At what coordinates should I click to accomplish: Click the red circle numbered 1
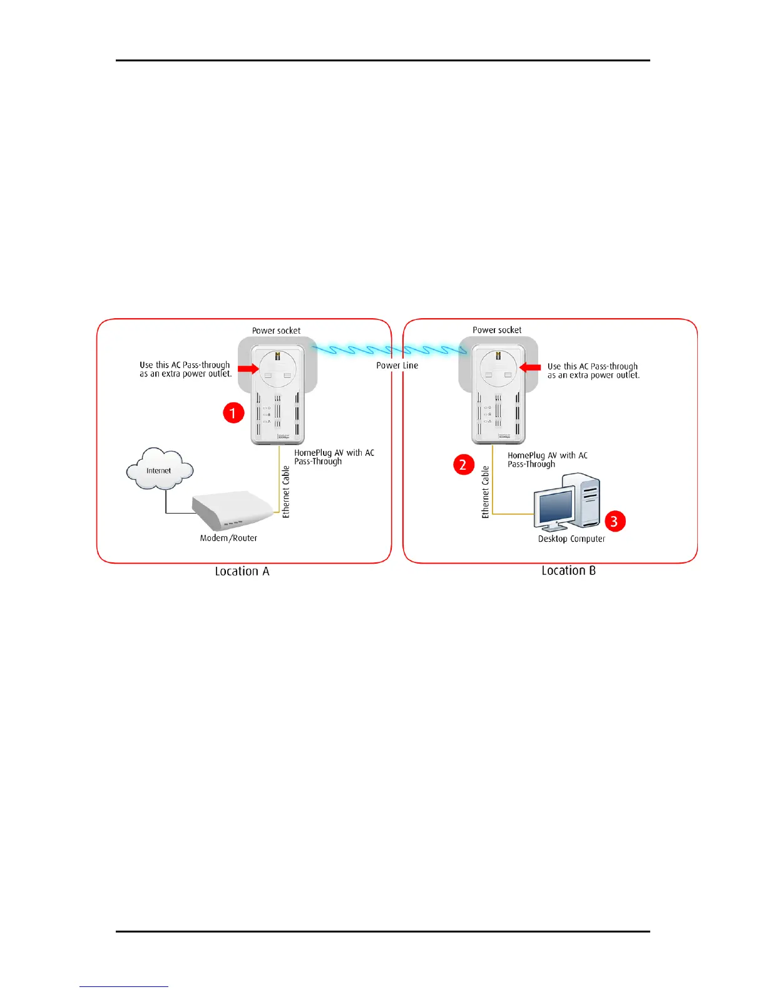tap(233, 413)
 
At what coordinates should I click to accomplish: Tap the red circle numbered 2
tap(463, 465)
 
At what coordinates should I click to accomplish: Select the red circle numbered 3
tap(615, 521)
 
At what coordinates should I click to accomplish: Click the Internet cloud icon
tap(160, 470)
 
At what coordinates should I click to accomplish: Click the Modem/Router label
tap(228, 538)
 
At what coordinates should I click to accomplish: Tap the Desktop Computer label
tap(571, 539)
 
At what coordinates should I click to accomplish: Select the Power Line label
tap(397, 365)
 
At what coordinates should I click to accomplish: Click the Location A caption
tap(242, 571)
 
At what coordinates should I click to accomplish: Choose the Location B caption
tap(568, 571)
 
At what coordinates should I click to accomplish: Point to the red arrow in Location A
tap(248, 369)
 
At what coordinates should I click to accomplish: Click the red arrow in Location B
tap(530, 368)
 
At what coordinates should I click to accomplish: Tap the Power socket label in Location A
tap(276, 331)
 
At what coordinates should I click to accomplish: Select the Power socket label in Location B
tap(497, 330)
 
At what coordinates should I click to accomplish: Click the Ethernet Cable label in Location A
tap(286, 492)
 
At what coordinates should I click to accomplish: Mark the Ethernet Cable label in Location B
tap(485, 492)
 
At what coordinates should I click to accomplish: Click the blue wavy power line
tap(388, 349)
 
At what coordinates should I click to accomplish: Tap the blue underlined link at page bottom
tap(124, 986)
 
